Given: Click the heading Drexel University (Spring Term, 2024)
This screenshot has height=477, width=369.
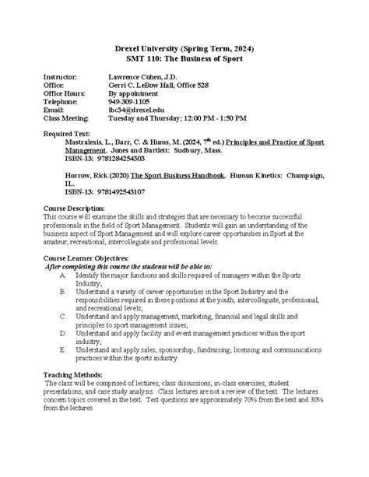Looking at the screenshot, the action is [185, 49].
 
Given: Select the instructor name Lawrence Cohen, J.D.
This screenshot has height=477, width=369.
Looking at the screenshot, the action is [145, 79].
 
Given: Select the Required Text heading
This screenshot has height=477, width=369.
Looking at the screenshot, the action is [64, 134].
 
